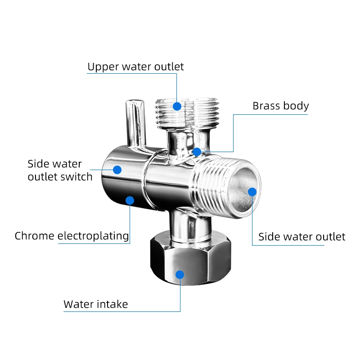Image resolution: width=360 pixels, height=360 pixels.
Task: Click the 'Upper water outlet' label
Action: click(135, 67)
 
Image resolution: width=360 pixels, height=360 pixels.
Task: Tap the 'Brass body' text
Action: click(280, 106)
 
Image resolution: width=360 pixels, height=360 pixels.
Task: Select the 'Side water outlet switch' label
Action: click(60, 171)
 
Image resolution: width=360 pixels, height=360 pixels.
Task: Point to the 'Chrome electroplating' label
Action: click(72, 236)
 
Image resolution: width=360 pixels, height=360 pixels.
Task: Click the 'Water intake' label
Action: click(96, 304)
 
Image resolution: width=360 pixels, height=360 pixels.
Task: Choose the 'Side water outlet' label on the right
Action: click(301, 237)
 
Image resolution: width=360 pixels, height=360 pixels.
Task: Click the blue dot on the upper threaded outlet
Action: click(177, 106)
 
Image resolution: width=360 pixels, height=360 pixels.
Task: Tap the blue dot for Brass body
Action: click(197, 152)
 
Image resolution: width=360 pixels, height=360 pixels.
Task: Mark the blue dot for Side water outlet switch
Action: click(117, 170)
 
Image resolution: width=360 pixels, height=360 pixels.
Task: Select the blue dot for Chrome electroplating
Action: click(130, 200)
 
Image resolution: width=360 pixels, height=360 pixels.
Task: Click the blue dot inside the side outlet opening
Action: click(252, 192)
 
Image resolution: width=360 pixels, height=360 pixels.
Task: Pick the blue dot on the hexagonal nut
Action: click(180, 274)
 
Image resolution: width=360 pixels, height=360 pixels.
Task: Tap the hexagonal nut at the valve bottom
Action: click(190, 258)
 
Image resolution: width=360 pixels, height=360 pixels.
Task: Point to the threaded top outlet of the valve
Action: click(187, 113)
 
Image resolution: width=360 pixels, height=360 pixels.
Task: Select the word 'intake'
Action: click(112, 304)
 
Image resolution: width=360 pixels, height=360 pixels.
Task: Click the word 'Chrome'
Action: click(35, 236)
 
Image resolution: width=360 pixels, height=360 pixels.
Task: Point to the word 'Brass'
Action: click(266, 106)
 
